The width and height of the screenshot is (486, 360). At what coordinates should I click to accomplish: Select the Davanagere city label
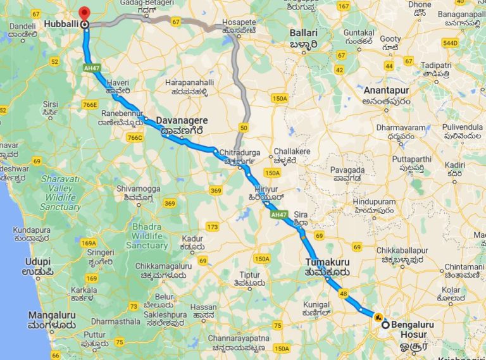pyautogui.click(x=182, y=118)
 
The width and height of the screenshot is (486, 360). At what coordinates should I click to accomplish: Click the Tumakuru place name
pyautogui.click(x=327, y=261)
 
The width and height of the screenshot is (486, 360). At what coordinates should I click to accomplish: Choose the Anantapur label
pyautogui.click(x=387, y=90)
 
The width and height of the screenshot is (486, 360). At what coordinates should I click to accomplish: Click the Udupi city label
pyautogui.click(x=37, y=261)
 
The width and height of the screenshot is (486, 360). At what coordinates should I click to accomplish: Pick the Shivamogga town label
pyautogui.click(x=140, y=188)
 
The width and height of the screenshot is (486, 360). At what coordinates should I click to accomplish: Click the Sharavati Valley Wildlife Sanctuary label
pyautogui.click(x=61, y=193)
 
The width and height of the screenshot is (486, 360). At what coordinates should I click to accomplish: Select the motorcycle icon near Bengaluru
pyautogui.click(x=378, y=316)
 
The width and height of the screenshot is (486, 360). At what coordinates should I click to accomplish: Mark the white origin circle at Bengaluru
pyautogui.click(x=384, y=325)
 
